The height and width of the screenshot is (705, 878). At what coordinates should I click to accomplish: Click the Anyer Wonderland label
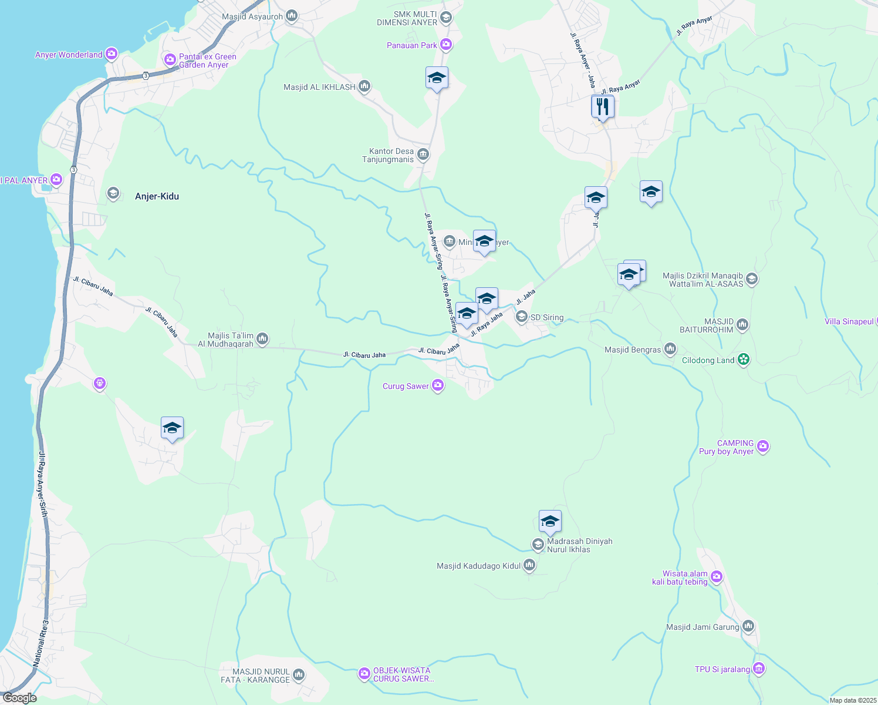click(x=69, y=55)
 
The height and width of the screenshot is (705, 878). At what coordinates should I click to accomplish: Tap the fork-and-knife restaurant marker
click(x=602, y=107)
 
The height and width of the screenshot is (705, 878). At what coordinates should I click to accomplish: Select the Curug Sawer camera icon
click(x=437, y=385)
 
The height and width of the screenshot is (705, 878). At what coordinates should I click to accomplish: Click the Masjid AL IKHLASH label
click(x=319, y=87)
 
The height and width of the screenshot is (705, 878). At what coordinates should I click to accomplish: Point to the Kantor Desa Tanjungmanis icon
click(x=423, y=155)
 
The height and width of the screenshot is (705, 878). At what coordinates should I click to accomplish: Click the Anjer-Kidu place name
click(x=157, y=196)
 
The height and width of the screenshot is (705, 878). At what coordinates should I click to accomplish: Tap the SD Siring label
click(x=546, y=317)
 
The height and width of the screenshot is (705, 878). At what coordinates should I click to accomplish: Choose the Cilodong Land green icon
click(x=744, y=360)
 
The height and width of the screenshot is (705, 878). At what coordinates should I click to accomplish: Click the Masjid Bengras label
click(x=633, y=350)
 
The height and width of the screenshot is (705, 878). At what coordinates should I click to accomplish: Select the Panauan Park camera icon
click(x=446, y=45)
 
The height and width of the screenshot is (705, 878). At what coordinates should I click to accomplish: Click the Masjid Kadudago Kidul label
click(x=478, y=566)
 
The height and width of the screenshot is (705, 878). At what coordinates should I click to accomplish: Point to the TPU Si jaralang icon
click(x=759, y=669)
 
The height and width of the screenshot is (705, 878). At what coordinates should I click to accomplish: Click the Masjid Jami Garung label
click(x=703, y=627)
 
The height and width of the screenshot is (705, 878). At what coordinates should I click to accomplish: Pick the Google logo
click(x=19, y=698)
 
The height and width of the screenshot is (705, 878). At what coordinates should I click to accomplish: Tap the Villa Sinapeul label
click(x=849, y=321)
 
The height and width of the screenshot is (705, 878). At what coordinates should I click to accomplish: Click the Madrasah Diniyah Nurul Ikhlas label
click(x=579, y=545)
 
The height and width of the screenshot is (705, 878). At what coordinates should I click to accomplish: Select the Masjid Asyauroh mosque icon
click(x=292, y=16)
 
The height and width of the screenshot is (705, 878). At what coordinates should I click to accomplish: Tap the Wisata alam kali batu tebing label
click(x=680, y=578)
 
